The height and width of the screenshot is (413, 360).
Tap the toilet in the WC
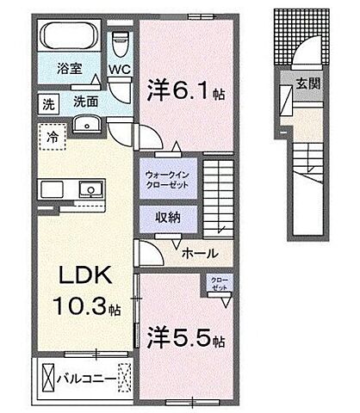point(119,41)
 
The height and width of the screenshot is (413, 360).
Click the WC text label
point(120,72)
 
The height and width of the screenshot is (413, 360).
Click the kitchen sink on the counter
point(89,189)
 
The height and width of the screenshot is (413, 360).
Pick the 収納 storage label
point(168,218)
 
